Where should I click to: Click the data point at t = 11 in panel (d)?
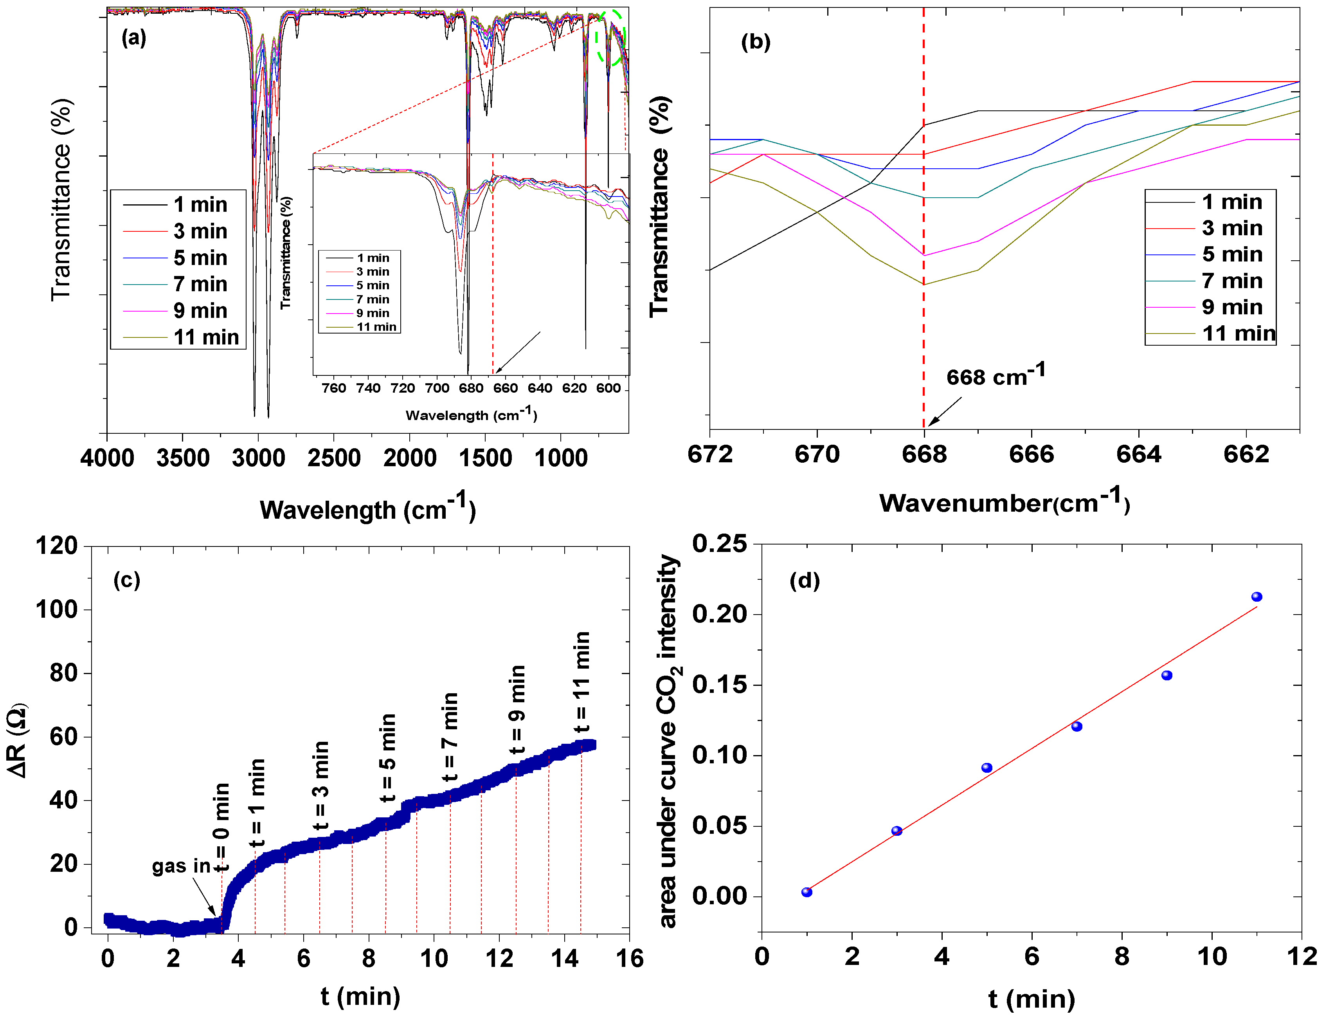pyautogui.click(x=1256, y=597)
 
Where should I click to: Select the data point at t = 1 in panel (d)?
pyautogui.click(x=807, y=892)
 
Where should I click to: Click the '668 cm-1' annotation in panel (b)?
pyautogui.click(x=995, y=375)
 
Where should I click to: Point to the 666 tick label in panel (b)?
pyautogui.click(x=1031, y=454)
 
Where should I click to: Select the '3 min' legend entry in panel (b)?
pyautogui.click(x=1232, y=228)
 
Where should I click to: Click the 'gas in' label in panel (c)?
pyautogui.click(x=181, y=866)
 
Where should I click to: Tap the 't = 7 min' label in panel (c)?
pyautogui.click(x=450, y=738)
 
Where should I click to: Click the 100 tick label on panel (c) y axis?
pyautogui.click(x=57, y=609)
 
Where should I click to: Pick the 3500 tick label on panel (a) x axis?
pyautogui.click(x=183, y=458)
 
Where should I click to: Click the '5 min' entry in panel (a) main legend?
pyautogui.click(x=200, y=258)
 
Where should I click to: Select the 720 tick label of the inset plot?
pyautogui.click(x=402, y=388)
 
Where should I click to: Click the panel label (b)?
pyautogui.click(x=756, y=42)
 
